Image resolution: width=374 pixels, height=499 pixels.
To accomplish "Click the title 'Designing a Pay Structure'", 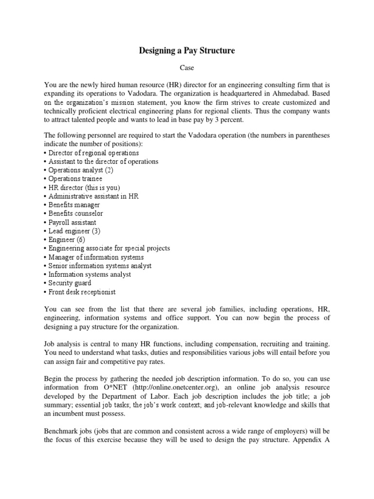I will pos(187,51).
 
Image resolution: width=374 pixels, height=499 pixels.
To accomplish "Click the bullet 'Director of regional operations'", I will pos(93,153).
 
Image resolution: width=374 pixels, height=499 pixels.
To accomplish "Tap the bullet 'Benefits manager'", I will pos(74,205).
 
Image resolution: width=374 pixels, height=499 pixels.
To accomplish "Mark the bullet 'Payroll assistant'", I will pos(72,222).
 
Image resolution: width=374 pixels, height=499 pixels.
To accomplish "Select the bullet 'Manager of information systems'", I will pos(96,257).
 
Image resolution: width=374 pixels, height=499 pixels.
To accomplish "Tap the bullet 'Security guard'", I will pos(70,283).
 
